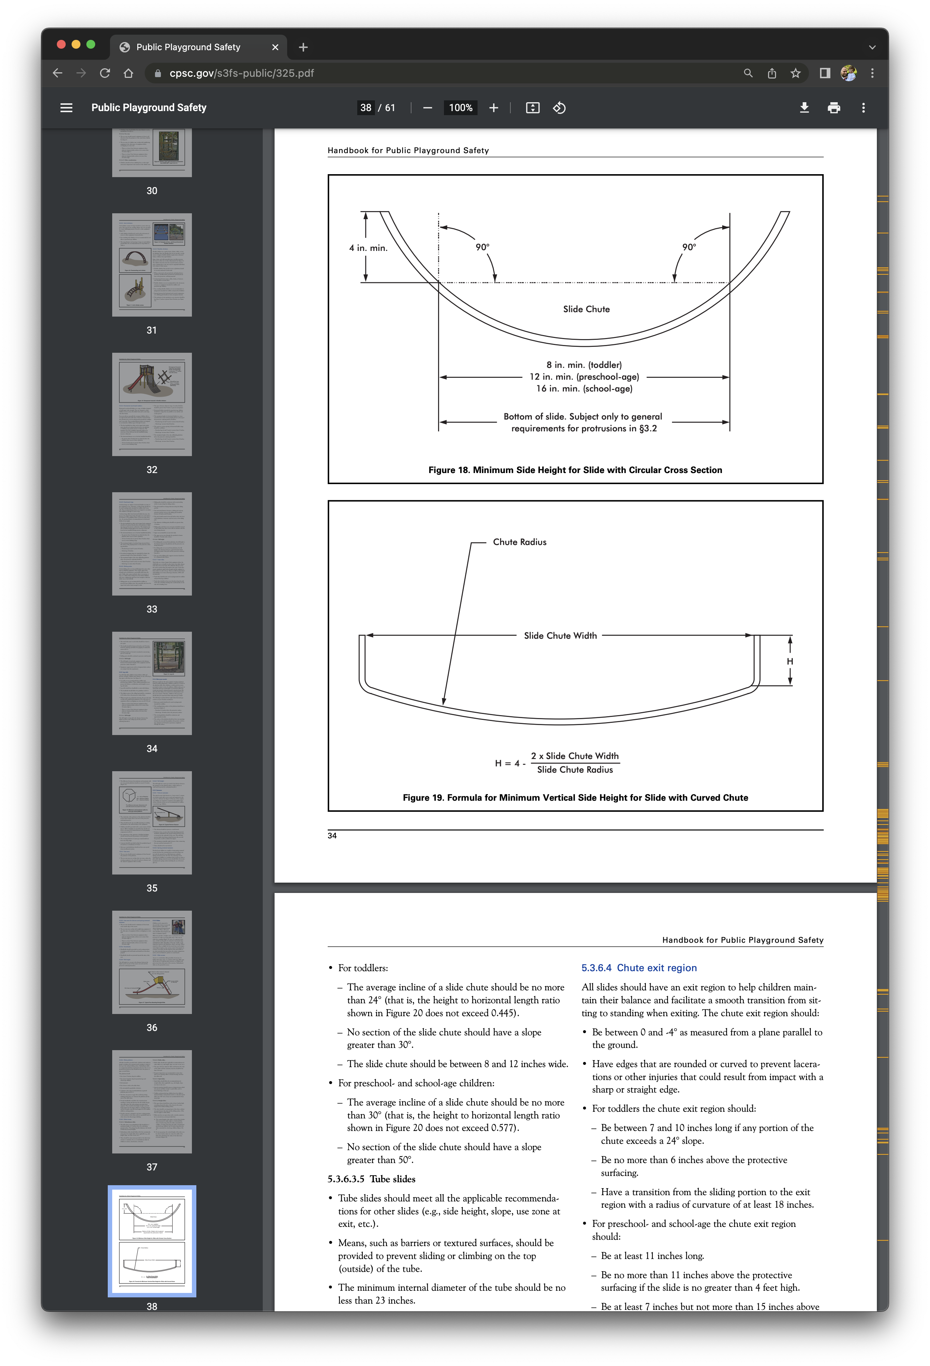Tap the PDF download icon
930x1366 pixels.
[x=804, y=108]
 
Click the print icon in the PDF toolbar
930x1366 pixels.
[x=834, y=108]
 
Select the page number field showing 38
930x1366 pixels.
[x=366, y=108]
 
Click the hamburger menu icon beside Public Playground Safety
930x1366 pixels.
[x=66, y=108]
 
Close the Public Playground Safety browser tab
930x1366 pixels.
[x=275, y=47]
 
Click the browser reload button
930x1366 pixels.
[x=105, y=73]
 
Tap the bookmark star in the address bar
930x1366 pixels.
[x=795, y=73]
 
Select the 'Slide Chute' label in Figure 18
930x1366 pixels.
[x=586, y=309]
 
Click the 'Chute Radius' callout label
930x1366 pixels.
[x=520, y=542]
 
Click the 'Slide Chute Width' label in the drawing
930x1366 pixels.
[x=560, y=635]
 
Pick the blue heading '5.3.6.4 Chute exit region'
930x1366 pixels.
[x=639, y=967]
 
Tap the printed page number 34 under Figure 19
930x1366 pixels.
[x=332, y=836]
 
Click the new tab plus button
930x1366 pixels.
[x=303, y=47]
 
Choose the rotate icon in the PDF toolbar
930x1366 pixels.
[x=559, y=108]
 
